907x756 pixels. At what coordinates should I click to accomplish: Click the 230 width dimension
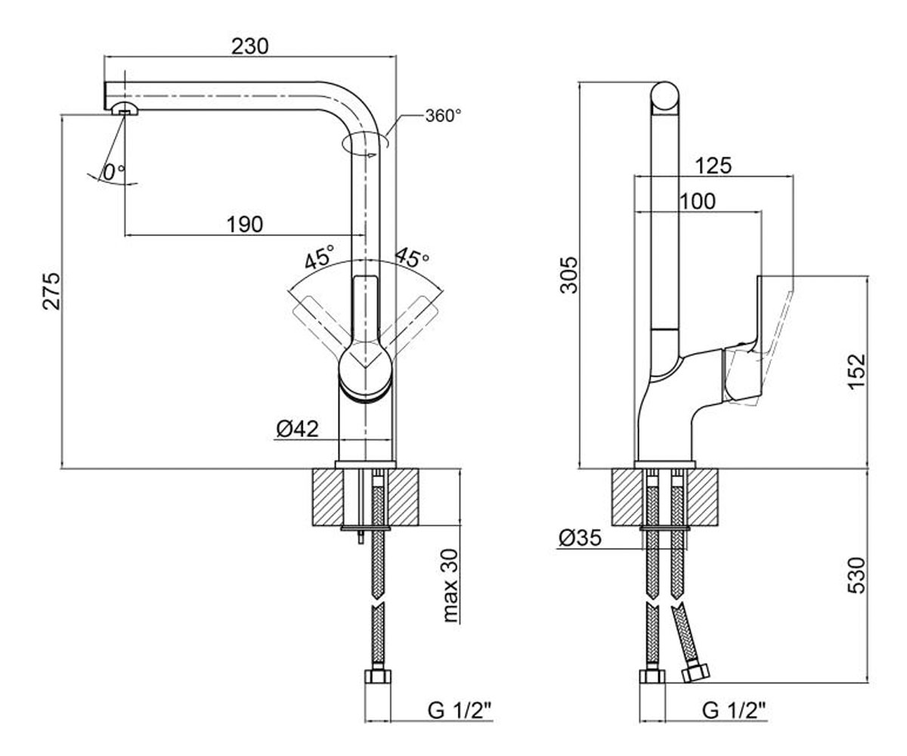pos(249,46)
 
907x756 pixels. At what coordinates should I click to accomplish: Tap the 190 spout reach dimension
pos(245,225)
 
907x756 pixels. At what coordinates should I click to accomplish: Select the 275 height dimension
pos(51,290)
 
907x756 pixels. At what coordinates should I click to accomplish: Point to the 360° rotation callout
pos(443,116)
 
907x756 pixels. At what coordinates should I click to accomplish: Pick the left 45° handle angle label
pos(320,257)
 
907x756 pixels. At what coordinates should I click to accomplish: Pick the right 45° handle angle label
pos(412,257)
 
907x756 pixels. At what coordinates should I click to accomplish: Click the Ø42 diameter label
pos(298,429)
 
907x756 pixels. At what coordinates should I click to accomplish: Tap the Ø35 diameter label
pos(580,538)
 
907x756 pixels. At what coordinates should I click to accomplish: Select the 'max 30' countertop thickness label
pos(451,585)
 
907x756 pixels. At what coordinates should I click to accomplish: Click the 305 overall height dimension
pos(569,275)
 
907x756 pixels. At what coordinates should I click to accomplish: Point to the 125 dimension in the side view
pos(714,166)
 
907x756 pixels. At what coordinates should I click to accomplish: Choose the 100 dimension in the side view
pos(697,202)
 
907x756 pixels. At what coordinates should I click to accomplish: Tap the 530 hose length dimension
pos(856,575)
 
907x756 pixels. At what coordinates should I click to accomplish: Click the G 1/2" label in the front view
pos(459,711)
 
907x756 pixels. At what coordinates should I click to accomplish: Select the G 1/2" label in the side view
pos(734,711)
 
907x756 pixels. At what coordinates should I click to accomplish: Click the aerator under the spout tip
pos(124,109)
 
